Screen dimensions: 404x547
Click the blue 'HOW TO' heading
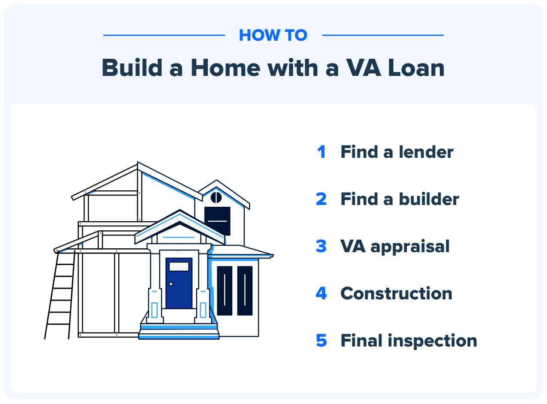click(x=273, y=35)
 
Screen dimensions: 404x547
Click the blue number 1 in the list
click(x=322, y=152)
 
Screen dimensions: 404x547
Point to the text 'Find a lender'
click(x=397, y=152)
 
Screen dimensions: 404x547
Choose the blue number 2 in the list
click(x=321, y=199)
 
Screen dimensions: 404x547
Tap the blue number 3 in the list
click(x=321, y=247)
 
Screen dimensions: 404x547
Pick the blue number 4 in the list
click(x=321, y=294)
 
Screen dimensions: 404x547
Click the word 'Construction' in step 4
click(x=396, y=294)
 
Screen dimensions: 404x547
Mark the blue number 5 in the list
click(x=321, y=341)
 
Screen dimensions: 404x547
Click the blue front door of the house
click(x=179, y=287)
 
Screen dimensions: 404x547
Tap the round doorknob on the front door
click(x=171, y=284)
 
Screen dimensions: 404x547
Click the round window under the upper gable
click(x=216, y=197)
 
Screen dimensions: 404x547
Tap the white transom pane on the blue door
click(x=179, y=266)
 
